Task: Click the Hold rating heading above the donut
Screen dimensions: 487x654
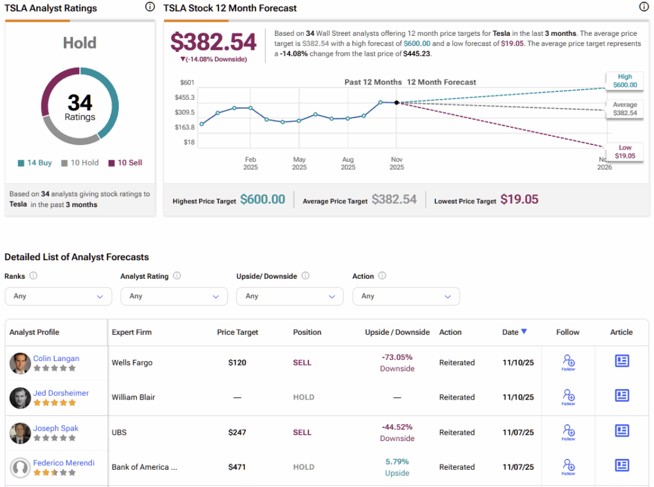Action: (80, 43)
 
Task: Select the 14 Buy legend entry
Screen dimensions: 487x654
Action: (35, 163)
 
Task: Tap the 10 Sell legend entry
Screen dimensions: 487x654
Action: (125, 163)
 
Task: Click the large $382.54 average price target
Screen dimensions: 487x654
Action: (213, 42)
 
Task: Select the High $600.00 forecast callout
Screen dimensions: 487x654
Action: (625, 81)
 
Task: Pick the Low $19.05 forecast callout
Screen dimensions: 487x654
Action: (625, 151)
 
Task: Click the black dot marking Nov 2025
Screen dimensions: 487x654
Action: (397, 102)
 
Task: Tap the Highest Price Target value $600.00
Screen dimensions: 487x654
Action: (262, 200)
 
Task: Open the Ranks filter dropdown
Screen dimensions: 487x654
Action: (58, 297)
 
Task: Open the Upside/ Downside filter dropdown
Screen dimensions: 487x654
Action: (290, 297)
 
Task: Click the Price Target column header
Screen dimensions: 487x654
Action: (237, 332)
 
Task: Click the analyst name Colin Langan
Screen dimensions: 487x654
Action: (56, 359)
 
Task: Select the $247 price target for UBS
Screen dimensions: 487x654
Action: (237, 433)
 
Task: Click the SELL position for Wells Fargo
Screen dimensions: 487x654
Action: (302, 363)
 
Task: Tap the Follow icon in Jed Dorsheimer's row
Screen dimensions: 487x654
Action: (568, 397)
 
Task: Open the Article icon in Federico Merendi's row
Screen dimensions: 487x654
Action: (621, 465)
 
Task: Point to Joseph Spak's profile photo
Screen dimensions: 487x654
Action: (20, 433)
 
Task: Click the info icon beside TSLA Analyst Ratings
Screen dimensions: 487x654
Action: (149, 7)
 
